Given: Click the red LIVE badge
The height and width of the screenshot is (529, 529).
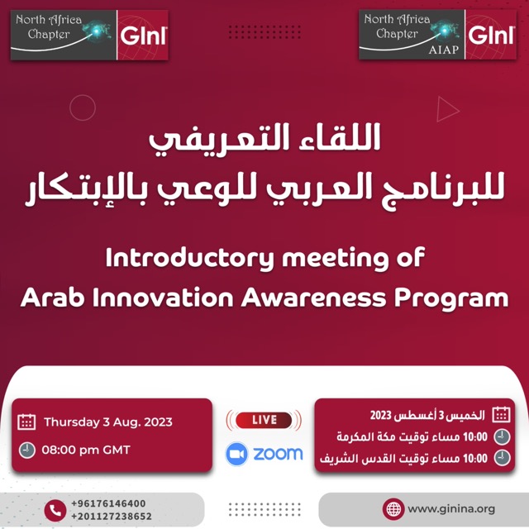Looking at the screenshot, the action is pos(264,420).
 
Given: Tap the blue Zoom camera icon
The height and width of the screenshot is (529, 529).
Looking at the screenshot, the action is pos(236,454).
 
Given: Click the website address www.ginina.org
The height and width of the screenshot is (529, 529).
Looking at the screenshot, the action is pos(451,508).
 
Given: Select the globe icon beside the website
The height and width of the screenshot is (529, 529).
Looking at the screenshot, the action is pos(393,509).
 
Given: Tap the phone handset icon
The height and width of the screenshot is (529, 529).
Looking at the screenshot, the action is pos(55,511).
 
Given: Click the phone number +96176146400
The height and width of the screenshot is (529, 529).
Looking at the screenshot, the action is pos(108,503).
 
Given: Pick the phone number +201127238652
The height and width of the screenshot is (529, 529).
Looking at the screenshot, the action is pos(112,516).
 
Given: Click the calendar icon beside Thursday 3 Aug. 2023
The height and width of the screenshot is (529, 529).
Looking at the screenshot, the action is pos(26,422).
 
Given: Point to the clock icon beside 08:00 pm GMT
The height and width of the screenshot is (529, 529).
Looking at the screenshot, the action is pos(27,450).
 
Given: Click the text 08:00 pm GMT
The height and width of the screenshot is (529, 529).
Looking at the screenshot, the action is pos(86,450).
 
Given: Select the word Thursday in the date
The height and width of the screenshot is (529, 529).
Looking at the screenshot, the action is pos(72,422).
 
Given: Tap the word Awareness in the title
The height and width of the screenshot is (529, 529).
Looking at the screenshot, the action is pos(313,298).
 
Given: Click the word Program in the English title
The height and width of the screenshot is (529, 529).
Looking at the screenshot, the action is pos(451,299).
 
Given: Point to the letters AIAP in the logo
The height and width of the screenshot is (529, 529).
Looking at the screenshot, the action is pos(444,50).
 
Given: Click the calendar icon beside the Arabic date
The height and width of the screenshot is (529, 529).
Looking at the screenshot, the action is pos(501,415).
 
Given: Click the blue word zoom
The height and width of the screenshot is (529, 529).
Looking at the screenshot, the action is pos(278,454).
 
